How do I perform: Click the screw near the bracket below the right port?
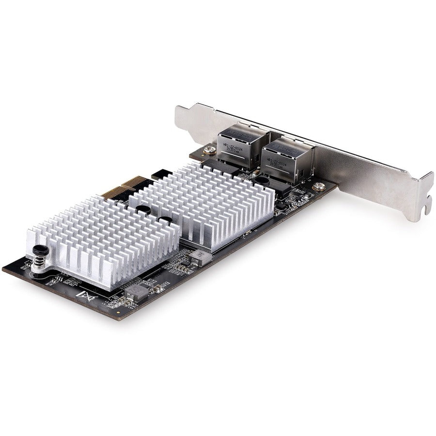click(x=318, y=186)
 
